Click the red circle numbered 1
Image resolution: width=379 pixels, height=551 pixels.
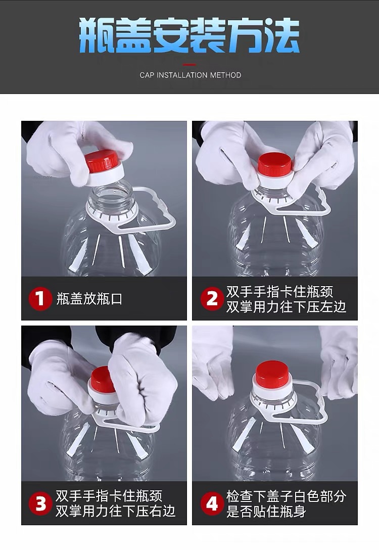coord(40,299)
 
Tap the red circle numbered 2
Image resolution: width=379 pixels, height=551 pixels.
coord(212,299)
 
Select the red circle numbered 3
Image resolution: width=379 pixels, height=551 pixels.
coord(40,503)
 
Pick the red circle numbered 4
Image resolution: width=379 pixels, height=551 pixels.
coord(212,503)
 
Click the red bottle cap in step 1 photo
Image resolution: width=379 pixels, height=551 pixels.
coord(102,161)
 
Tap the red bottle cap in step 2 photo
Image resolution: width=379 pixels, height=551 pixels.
coord(275,164)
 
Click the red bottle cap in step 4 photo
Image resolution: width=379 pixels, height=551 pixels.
coord(272,374)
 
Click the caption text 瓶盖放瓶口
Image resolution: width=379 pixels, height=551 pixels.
coord(89,299)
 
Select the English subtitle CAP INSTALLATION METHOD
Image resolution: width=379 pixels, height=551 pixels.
coord(191,75)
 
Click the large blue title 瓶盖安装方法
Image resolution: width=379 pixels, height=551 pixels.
coord(189,35)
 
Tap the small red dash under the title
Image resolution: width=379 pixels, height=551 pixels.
coord(189,65)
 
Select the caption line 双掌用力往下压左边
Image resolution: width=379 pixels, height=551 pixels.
coord(286,307)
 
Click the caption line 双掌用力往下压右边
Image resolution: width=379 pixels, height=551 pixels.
coord(115,511)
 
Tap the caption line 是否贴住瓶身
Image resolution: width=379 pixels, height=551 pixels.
coord(266,511)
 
